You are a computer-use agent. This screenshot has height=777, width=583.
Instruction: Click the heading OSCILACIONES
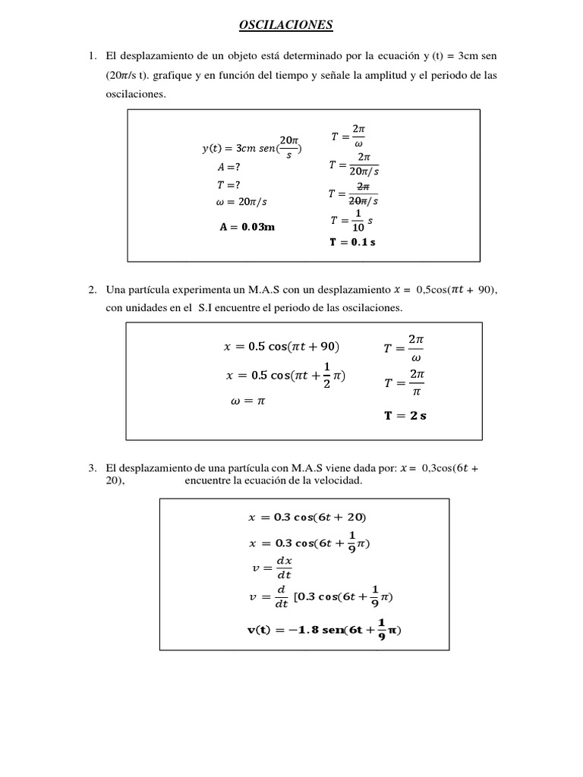point(285,26)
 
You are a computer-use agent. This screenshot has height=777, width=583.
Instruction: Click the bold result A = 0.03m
point(246,226)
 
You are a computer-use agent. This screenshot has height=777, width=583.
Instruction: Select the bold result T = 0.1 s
point(352,242)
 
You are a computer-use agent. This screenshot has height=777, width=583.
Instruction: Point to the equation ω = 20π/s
point(241,202)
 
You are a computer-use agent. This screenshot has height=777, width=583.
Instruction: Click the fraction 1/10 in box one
point(358,221)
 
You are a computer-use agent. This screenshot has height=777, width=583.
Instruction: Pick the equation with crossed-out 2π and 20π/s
point(354,194)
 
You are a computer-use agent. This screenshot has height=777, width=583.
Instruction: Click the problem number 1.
point(92,57)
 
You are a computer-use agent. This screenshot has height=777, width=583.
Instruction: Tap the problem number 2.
point(92,290)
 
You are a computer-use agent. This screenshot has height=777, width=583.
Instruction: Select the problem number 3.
point(92,468)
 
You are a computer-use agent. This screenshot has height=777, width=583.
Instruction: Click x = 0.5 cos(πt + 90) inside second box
point(282,347)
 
